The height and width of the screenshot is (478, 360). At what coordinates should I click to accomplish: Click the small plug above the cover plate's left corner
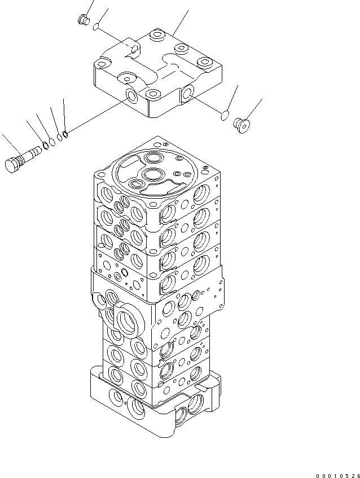pos(84,20)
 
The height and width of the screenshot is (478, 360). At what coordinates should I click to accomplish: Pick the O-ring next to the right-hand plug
pos(225,116)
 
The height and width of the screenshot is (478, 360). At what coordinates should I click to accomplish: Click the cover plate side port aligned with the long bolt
pos(132,97)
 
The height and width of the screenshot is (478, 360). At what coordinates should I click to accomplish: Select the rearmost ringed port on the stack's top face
pos(153,156)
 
